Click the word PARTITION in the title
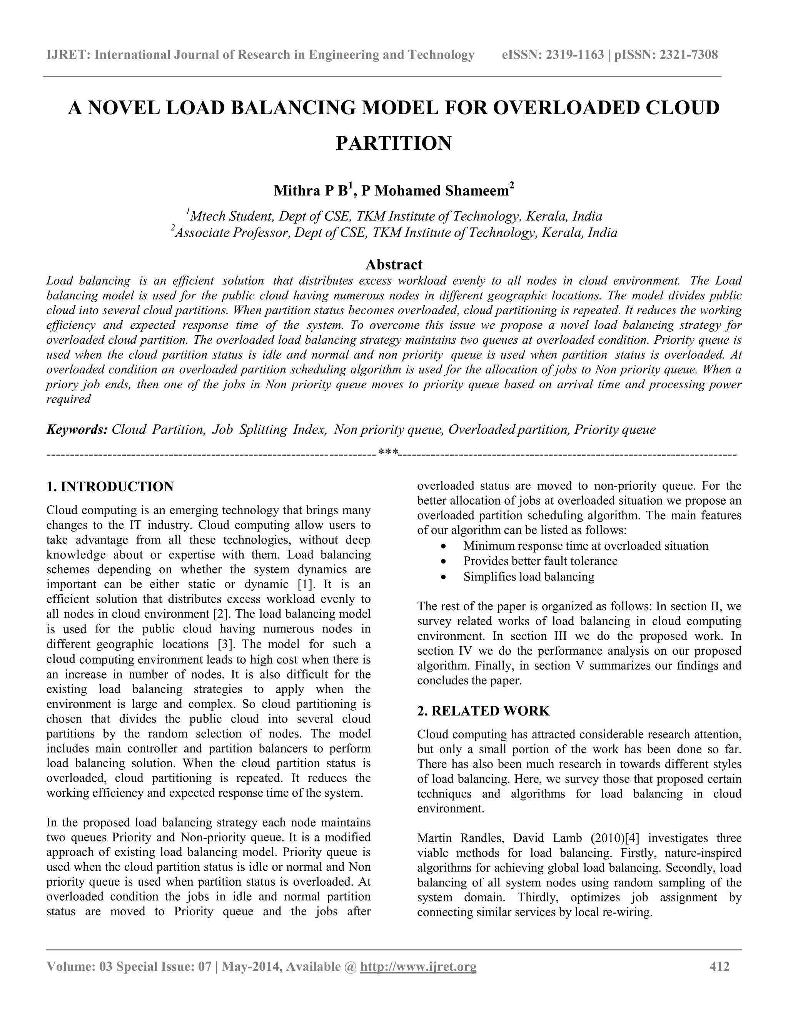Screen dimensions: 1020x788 point(394,143)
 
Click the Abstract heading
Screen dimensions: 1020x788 point(394,264)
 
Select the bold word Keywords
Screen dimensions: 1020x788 point(77,429)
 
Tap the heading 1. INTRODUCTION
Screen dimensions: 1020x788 point(110,487)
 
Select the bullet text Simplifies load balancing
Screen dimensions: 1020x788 point(528,577)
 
